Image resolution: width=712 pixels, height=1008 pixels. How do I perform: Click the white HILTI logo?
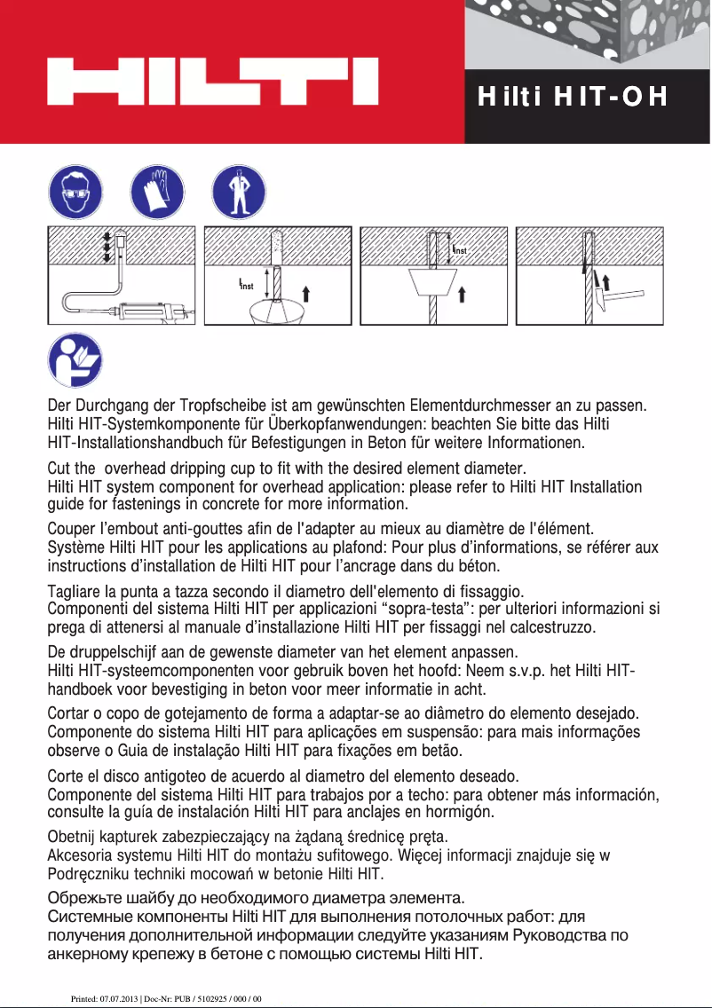(213, 83)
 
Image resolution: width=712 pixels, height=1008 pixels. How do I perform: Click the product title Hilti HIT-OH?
(572, 97)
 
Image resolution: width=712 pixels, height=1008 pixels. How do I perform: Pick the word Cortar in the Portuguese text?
(69, 713)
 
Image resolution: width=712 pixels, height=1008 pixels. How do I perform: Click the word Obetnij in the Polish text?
(72, 837)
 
